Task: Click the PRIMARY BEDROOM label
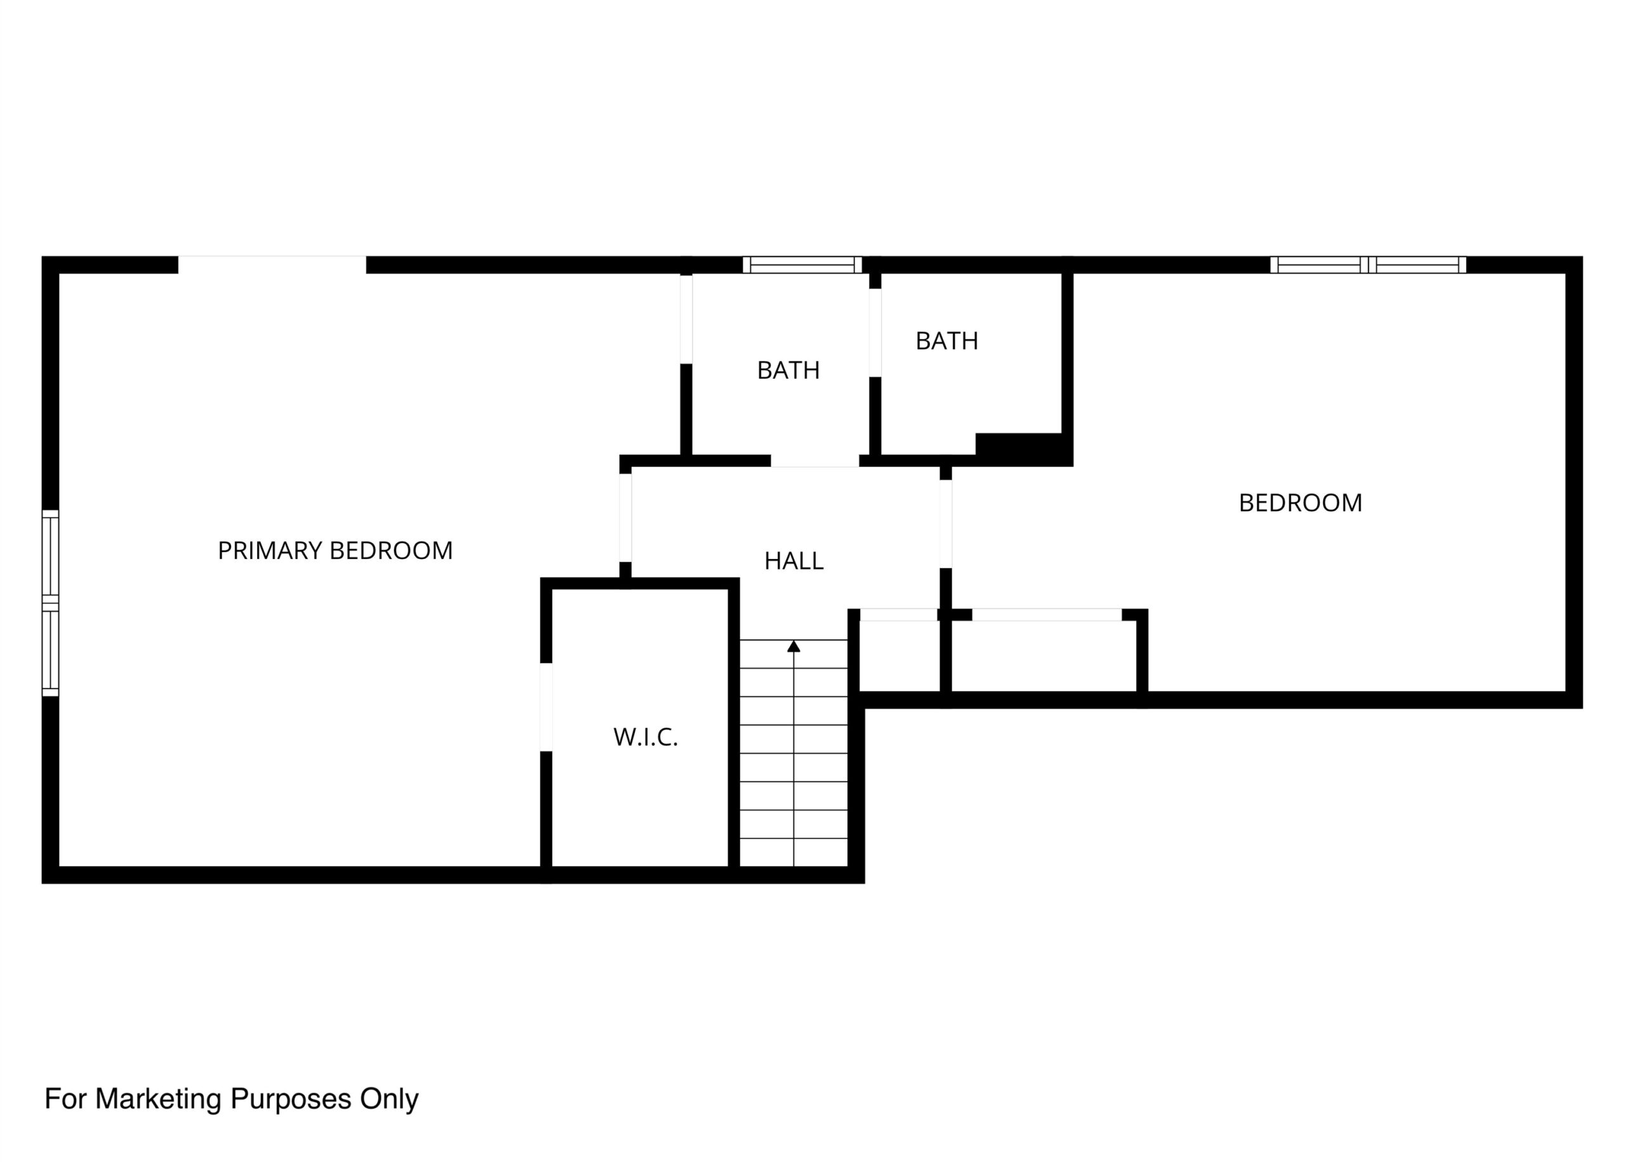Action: click(x=335, y=550)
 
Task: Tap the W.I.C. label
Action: click(x=646, y=737)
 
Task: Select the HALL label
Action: click(x=793, y=561)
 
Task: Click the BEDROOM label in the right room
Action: click(x=1300, y=503)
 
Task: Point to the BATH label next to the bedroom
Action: click(x=946, y=341)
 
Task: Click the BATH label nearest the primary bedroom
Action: click(x=788, y=371)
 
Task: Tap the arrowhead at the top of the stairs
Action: click(x=793, y=646)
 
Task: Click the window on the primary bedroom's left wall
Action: click(x=50, y=603)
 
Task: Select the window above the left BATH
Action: click(x=802, y=265)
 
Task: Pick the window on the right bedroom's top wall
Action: click(x=1368, y=265)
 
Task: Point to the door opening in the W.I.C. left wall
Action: click(x=546, y=707)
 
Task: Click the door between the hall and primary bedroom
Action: click(x=625, y=517)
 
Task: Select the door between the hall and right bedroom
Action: click(x=945, y=524)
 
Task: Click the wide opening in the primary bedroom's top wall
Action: click(x=272, y=265)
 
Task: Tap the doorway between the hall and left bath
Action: click(x=815, y=461)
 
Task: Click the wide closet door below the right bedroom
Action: click(x=1047, y=614)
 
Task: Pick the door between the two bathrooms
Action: click(x=875, y=333)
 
